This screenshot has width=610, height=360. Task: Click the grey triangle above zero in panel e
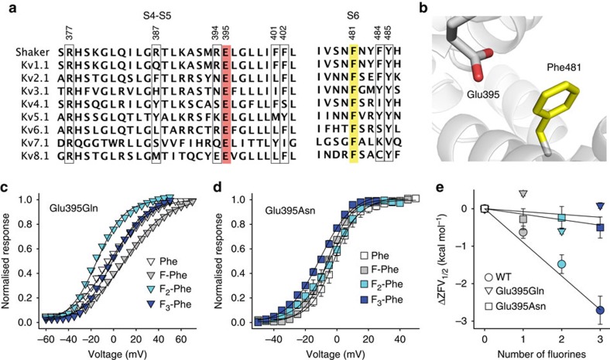523,193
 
